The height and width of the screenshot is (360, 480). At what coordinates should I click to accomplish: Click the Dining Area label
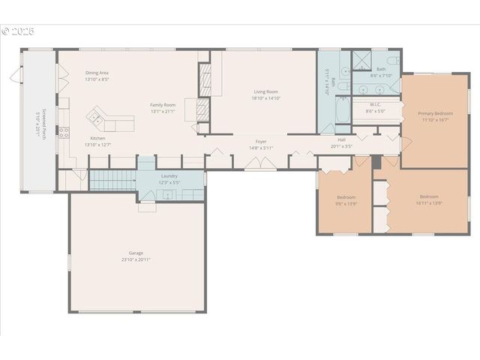(x=97, y=72)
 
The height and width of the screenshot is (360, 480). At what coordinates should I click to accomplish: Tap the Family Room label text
(x=163, y=104)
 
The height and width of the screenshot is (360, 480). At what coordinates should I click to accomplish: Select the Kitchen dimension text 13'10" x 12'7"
(x=98, y=144)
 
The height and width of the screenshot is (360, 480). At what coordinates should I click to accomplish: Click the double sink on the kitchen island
(x=96, y=116)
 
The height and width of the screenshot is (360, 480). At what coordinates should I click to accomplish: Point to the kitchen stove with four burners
(x=64, y=133)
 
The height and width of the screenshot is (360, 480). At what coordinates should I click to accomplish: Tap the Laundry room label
(x=169, y=175)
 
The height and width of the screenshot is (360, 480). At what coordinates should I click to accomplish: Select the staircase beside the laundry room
(x=112, y=180)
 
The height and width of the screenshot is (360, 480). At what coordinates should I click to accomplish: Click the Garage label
(x=136, y=253)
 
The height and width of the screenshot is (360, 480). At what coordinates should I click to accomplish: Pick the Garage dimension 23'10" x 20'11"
(x=136, y=259)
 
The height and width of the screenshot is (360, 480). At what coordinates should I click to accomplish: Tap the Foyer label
(x=261, y=141)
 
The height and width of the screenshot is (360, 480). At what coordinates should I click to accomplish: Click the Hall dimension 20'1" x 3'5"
(x=341, y=146)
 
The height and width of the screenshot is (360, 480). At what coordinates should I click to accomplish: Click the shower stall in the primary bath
(x=361, y=60)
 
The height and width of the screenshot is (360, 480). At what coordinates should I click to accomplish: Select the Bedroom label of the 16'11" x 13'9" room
(x=429, y=196)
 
